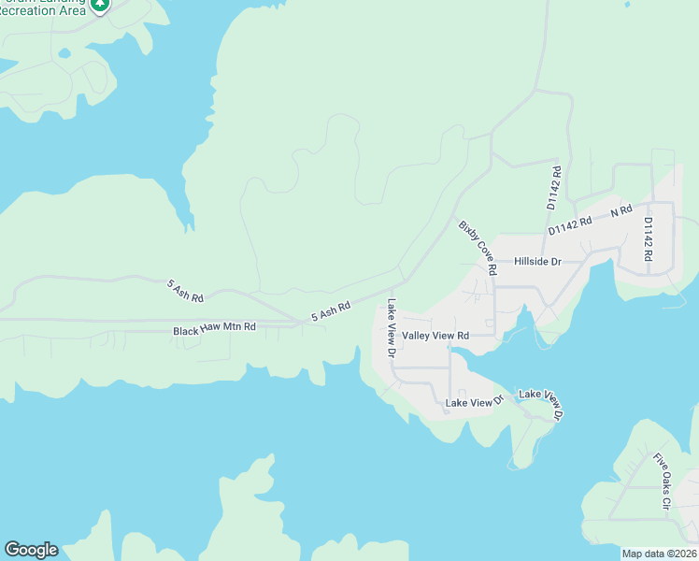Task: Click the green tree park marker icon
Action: (100, 4)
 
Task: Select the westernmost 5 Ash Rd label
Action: (185, 290)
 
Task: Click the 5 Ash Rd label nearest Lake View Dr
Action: (331, 310)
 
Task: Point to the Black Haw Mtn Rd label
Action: (214, 330)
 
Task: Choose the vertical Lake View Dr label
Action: (392, 328)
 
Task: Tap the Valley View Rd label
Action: (435, 335)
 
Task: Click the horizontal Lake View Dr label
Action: (475, 402)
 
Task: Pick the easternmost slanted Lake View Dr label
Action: (541, 403)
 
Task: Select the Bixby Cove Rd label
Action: (478, 247)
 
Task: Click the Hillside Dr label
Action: (537, 262)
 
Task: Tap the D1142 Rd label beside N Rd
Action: (570, 224)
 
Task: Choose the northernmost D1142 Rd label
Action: (553, 188)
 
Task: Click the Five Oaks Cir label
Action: (663, 481)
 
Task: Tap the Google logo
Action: (31, 550)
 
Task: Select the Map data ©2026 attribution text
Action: (659, 554)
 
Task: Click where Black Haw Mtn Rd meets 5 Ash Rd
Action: (297, 324)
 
